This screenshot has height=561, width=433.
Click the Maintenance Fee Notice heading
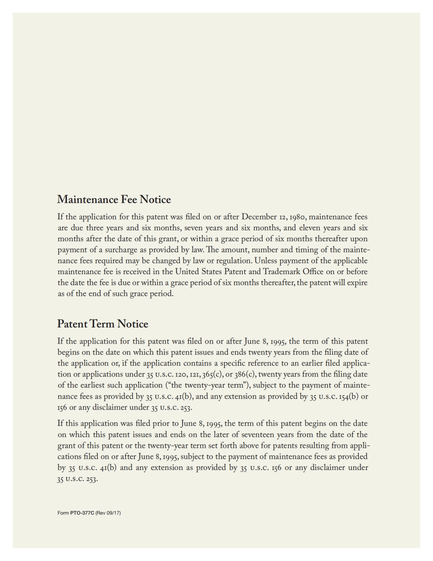point(114,199)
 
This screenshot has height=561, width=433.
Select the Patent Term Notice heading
point(103,324)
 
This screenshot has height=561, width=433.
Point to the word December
point(259,217)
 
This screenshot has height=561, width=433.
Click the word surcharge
point(121,250)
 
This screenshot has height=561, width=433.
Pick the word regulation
point(233,261)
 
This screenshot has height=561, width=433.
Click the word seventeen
point(262,435)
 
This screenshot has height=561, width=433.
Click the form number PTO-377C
point(82,513)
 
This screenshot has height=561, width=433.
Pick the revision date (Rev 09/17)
point(108,513)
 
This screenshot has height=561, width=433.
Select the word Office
point(313,272)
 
